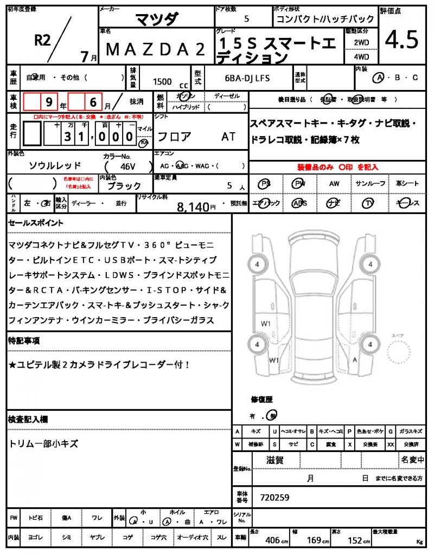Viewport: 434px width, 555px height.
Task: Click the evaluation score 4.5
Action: pyautogui.click(x=402, y=39)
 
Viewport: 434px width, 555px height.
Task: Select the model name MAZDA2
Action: pyautogui.click(x=156, y=49)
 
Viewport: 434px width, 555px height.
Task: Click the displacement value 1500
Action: pyautogui.click(x=162, y=82)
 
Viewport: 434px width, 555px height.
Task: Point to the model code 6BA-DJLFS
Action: pyautogui.click(x=247, y=79)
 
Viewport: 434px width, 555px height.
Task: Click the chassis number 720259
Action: pyautogui.click(x=275, y=497)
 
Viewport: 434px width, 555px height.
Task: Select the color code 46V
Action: pyautogui.click(x=128, y=166)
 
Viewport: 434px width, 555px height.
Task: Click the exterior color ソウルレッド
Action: pyautogui.click(x=55, y=166)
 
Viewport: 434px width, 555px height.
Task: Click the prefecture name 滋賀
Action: pyautogui.click(x=275, y=461)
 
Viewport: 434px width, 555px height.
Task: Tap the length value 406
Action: pyautogui.click(x=272, y=540)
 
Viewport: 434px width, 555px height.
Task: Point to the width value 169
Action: pyautogui.click(x=315, y=540)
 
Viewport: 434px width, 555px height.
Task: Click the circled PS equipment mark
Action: pyautogui.click(x=265, y=184)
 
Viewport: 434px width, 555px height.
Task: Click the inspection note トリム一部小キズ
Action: pyautogui.click(x=43, y=444)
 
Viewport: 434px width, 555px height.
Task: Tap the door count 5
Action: pyautogui.click(x=247, y=19)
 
